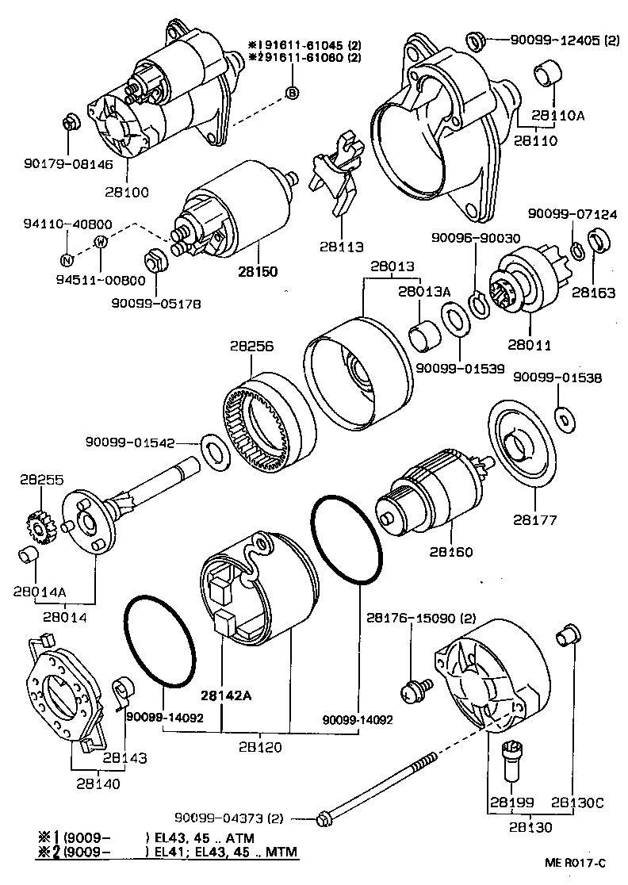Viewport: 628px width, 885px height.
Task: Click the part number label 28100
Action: coord(125,192)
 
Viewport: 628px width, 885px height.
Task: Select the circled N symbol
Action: coord(67,259)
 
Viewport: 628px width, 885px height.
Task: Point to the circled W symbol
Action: coord(101,242)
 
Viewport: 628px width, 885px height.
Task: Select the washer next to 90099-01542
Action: coord(213,449)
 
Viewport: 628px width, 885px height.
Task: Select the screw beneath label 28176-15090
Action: coord(415,690)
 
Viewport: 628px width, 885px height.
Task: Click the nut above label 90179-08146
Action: coord(69,123)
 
